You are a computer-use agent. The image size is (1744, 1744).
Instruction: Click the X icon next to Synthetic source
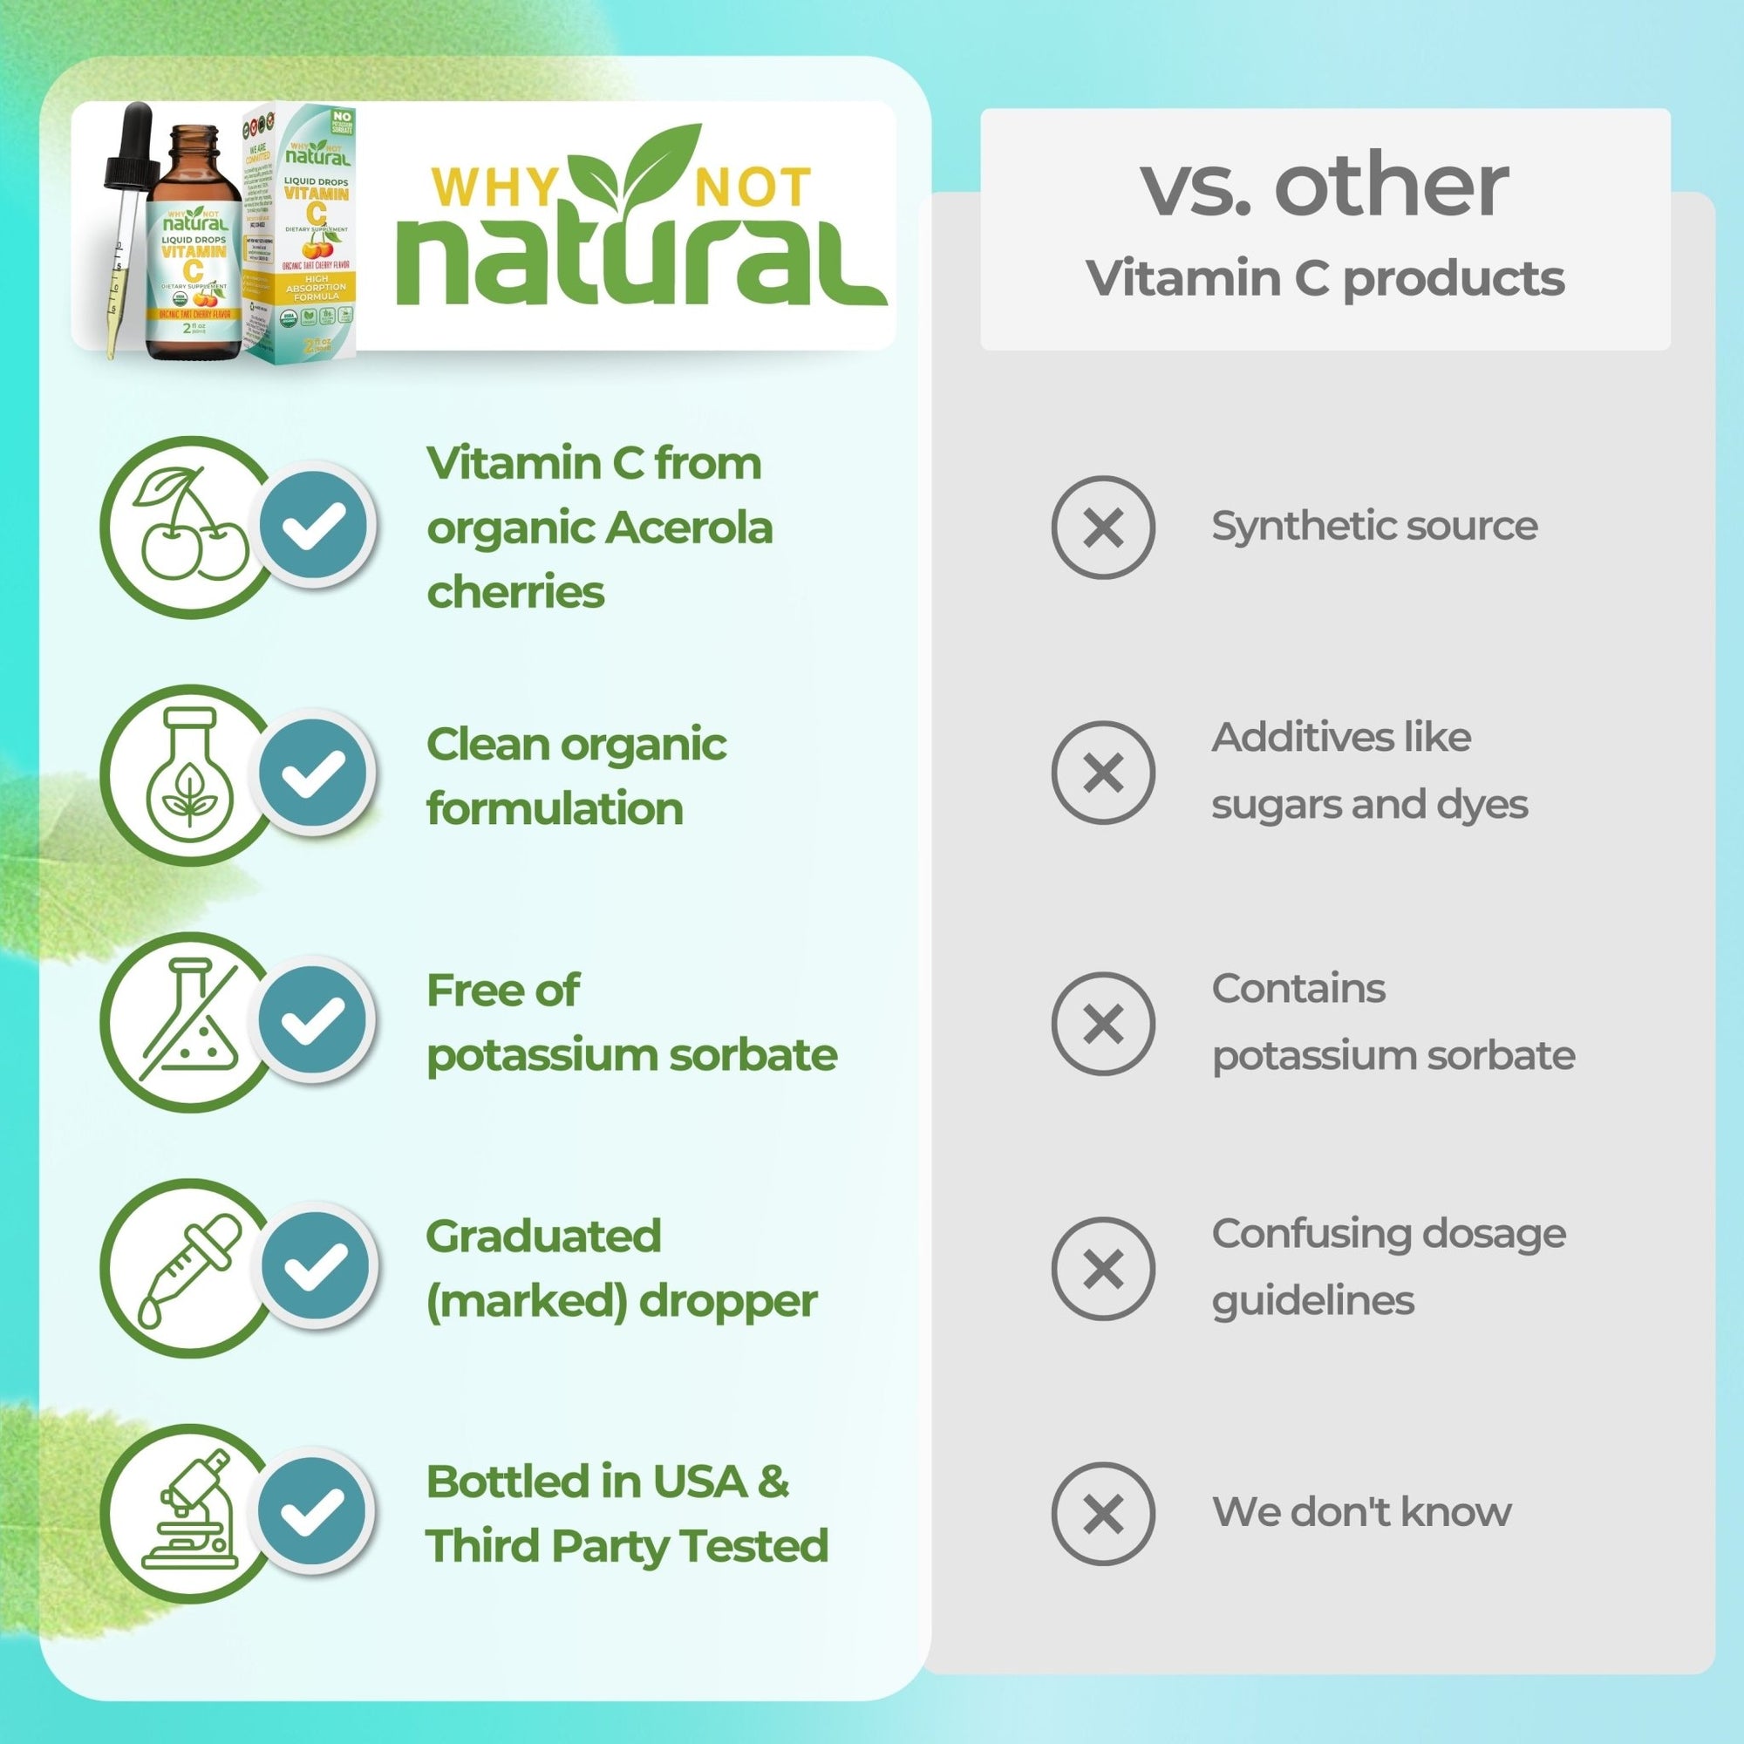(1102, 528)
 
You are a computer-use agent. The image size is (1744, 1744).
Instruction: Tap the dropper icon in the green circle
(189, 1267)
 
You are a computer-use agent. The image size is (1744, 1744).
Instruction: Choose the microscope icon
(189, 1514)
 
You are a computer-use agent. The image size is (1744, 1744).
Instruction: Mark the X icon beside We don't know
(1102, 1514)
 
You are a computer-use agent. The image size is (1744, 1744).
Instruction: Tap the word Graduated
(543, 1236)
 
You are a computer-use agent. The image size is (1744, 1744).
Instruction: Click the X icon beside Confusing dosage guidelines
(1102, 1268)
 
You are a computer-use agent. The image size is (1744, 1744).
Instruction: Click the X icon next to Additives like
(1102, 772)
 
